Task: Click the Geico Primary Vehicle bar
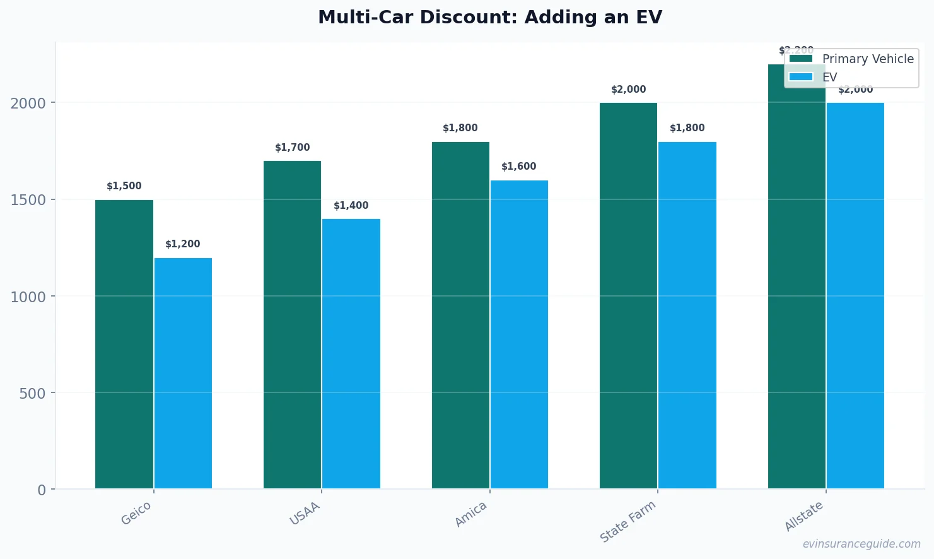point(124,344)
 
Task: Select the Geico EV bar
point(183,373)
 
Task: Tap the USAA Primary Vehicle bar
point(292,324)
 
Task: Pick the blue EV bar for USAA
point(351,353)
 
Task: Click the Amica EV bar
point(519,334)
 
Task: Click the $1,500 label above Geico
point(124,186)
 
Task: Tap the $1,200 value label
point(183,244)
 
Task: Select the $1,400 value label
point(351,206)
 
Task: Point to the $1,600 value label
point(519,167)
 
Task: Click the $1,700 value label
point(293,148)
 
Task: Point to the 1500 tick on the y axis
point(28,200)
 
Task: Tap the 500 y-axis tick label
point(33,394)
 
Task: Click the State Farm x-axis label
point(628,521)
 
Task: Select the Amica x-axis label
point(471,514)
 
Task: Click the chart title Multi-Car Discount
point(490,17)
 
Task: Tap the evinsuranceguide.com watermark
point(861,544)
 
